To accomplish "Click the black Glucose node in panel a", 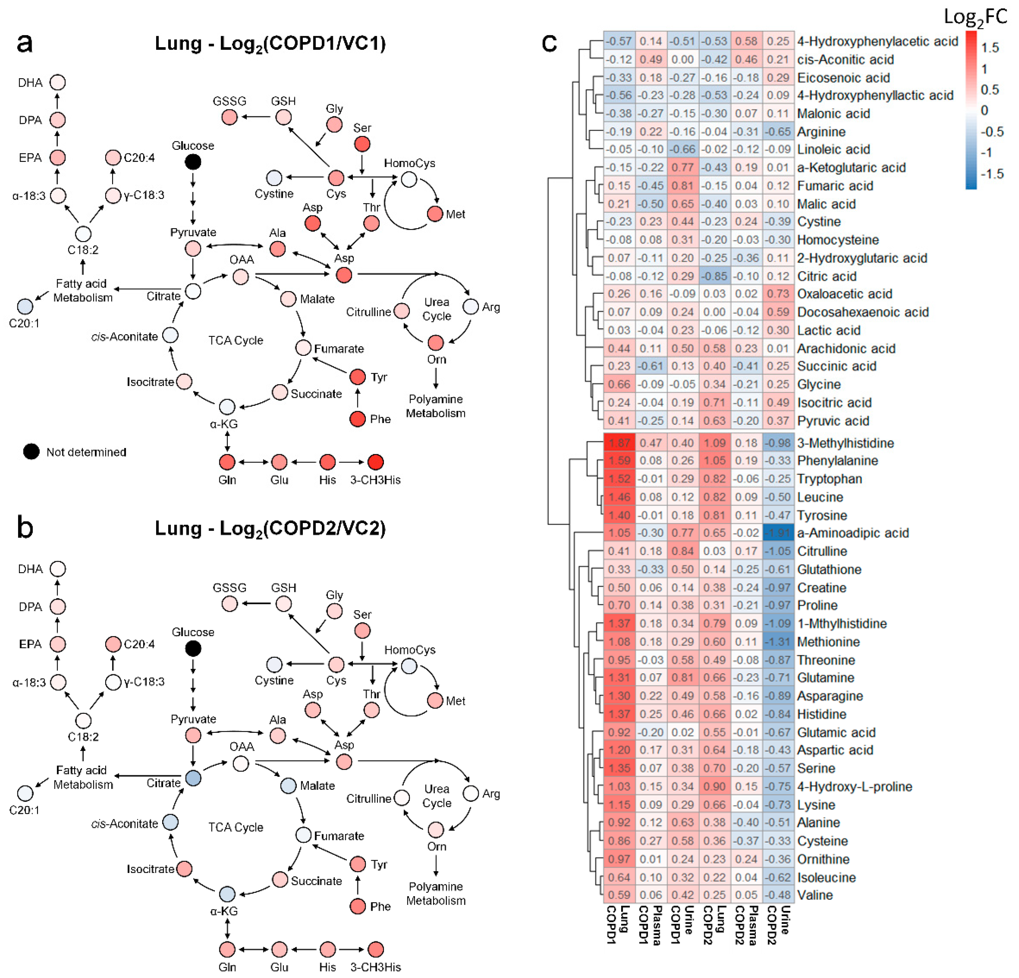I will (193, 162).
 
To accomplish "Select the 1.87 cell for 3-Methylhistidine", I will (619, 443).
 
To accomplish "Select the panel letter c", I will (549, 43).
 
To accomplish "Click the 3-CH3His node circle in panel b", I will (375, 949).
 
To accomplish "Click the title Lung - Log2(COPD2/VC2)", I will (270, 528).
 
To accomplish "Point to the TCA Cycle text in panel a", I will (236, 340).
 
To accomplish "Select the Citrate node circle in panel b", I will (193, 778).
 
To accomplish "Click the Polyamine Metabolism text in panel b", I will (436, 893).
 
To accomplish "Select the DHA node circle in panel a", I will (58, 82).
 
